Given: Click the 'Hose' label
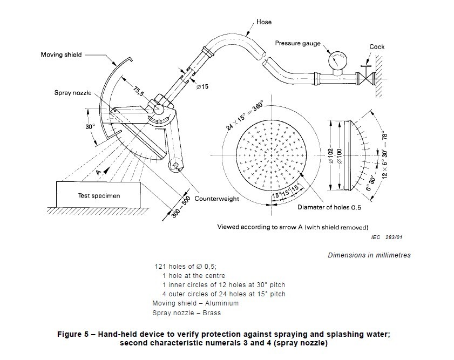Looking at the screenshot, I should coord(264,22).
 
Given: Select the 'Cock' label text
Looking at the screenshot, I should coord(377,47).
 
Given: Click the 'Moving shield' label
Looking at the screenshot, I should coord(60,55).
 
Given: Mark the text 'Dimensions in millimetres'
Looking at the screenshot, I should coord(369,255).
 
